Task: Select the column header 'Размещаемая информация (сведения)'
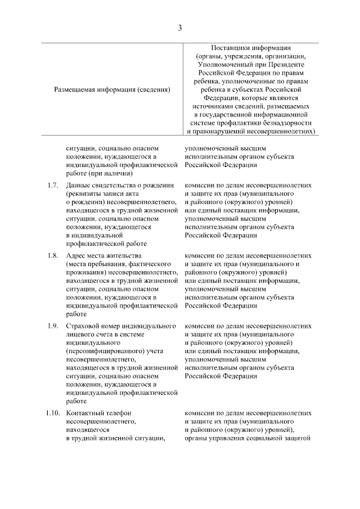point(112,89)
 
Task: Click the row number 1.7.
point(52,186)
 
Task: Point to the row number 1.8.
point(52,256)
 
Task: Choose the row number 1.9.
point(52,326)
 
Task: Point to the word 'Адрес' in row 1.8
point(75,256)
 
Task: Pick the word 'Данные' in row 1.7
point(78,186)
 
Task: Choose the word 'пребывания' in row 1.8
point(110,264)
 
